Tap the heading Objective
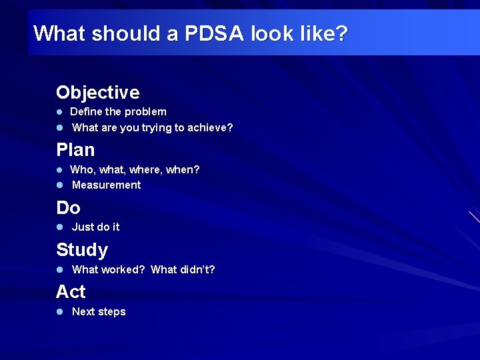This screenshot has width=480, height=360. pos(97,92)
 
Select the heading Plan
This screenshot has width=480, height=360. pos(75,149)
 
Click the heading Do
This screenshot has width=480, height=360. pos(68,207)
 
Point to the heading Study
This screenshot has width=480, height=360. pos(81,250)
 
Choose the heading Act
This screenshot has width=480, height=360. pos(71,292)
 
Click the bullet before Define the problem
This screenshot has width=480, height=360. pos(59,112)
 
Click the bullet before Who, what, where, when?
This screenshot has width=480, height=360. pos(59,170)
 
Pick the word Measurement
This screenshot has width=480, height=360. pos(106,185)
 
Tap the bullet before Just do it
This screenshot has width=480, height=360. pos(59,227)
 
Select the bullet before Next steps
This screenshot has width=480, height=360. pos(59,312)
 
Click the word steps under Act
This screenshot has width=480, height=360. pos(111,312)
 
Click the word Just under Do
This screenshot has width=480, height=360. pos(83,227)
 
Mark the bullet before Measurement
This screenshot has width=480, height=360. pos(59,185)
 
